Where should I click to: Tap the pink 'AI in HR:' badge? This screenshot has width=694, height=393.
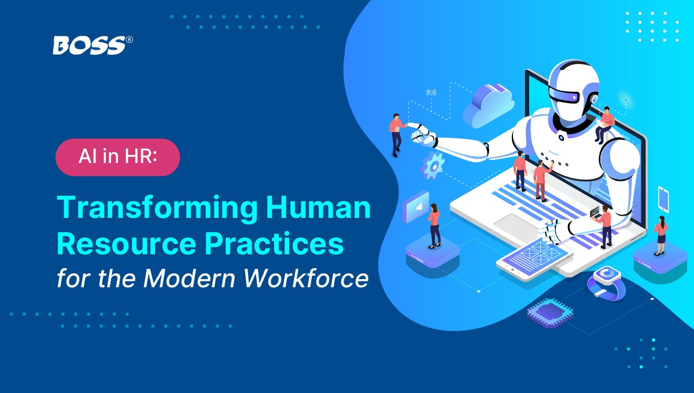118,157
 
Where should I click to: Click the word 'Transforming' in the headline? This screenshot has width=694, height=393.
157,208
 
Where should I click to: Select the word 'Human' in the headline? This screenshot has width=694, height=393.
318,207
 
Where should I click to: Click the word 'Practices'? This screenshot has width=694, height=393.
274,243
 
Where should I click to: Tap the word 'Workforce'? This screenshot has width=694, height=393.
306,277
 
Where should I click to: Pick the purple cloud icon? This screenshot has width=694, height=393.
489,105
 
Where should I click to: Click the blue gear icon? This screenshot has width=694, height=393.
433,165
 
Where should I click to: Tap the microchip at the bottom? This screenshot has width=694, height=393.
550,313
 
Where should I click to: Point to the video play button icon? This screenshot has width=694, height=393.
415,206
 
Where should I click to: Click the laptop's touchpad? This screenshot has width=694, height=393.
515,225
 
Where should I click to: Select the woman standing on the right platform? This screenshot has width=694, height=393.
660,235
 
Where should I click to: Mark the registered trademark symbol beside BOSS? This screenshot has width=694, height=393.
130,40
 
